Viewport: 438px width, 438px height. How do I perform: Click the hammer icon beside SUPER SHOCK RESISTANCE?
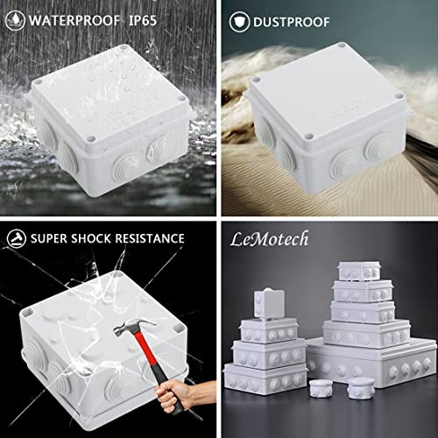(16, 237)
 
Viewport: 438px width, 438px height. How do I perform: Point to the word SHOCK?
(85, 237)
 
